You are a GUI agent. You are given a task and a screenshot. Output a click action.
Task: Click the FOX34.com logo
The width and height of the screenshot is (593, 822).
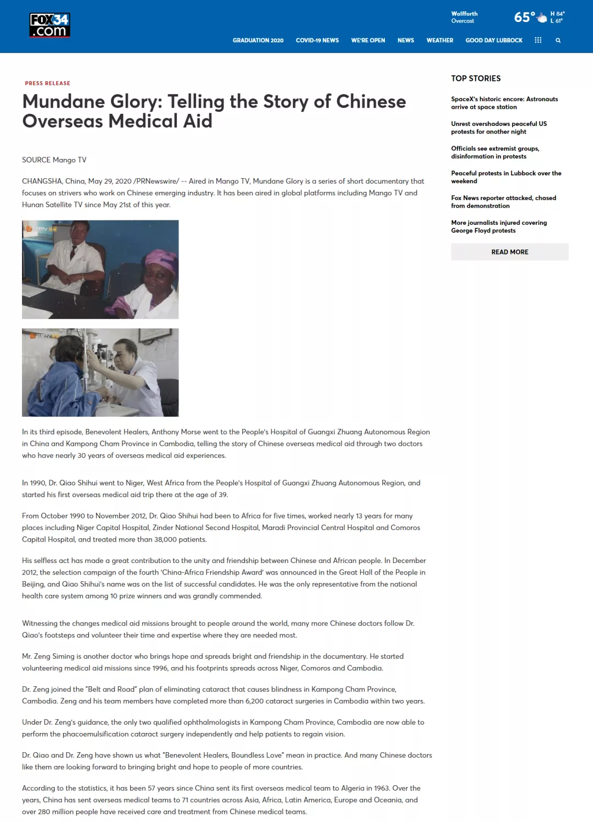[49, 25]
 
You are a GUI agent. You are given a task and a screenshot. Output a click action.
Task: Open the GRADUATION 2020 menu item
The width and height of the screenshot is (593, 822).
[258, 41]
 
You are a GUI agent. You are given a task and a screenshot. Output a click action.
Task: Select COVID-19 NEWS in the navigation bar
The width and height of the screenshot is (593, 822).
[317, 41]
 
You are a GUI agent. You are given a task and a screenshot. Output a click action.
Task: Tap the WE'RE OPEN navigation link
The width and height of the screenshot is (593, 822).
[368, 41]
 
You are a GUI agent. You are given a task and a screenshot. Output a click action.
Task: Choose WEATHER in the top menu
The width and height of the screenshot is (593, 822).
[440, 41]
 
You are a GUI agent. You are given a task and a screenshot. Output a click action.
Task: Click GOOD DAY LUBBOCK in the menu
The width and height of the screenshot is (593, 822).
[494, 41]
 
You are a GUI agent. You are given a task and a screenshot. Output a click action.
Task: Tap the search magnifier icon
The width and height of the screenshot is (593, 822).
[558, 41]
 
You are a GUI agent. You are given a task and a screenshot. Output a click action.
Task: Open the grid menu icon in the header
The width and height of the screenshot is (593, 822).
[538, 40]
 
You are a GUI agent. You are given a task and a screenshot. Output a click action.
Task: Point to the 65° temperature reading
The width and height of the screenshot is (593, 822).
[524, 18]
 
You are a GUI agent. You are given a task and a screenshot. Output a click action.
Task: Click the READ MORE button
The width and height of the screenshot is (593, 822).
[510, 252]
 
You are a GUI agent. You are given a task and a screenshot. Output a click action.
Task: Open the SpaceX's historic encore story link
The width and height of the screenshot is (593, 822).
[504, 103]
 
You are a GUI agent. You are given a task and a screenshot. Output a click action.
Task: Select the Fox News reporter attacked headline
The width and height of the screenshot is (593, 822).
[504, 202]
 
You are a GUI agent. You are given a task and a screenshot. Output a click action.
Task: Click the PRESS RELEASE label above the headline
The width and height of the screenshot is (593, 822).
[48, 84]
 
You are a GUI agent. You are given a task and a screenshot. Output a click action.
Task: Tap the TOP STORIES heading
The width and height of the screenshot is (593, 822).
[475, 79]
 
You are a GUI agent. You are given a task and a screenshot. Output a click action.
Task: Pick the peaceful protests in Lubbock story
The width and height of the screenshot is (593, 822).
[506, 177]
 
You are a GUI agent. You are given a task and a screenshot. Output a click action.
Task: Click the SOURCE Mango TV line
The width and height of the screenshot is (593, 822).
[54, 160]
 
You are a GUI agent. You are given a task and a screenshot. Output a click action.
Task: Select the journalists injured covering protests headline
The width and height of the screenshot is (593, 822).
[499, 227]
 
